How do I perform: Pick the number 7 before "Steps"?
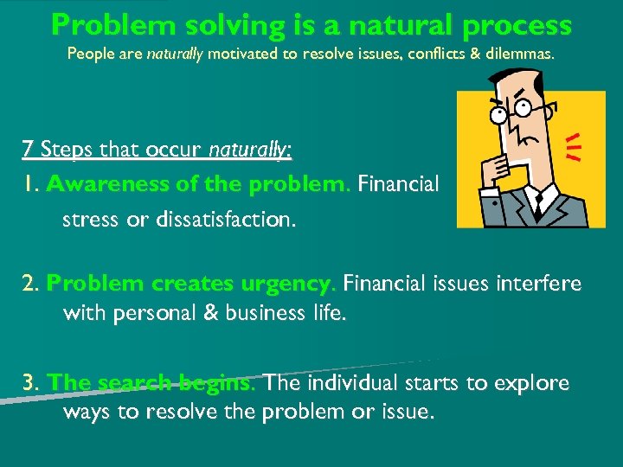point(28,150)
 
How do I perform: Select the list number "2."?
point(31,285)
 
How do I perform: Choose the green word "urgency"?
point(281,285)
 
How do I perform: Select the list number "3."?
point(32,383)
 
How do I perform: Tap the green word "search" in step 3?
point(133,383)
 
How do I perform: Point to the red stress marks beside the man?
point(572,148)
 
